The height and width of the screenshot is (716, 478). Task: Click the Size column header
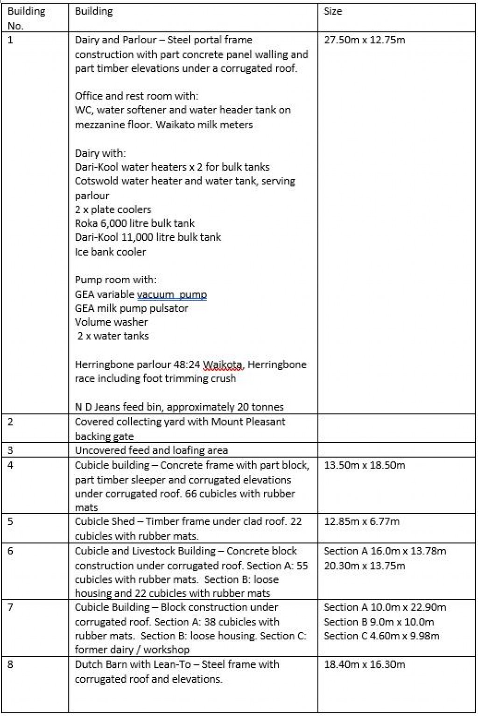pos(333,12)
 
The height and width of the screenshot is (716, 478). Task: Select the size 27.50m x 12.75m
pos(365,40)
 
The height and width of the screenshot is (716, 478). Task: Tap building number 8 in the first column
pos(11,664)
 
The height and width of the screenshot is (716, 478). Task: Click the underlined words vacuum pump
pos(172,295)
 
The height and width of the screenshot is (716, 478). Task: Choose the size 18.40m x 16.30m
pos(365,664)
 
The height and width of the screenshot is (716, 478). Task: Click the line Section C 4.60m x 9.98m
pos(381,636)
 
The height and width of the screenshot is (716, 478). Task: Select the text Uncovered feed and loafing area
pos(151,450)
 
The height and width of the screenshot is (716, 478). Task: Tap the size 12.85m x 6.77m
pos(362,521)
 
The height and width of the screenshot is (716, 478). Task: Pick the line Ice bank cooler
pos(110,252)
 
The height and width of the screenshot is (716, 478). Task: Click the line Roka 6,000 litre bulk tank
pos(134,224)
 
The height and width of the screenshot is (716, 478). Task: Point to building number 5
pos(11,521)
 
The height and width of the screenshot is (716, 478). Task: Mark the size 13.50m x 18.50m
pos(365,465)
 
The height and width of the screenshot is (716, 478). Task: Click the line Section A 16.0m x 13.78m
pos(385,551)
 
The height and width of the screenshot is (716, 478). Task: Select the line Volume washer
pos(111,322)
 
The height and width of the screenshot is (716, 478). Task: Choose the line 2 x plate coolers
pos(113,210)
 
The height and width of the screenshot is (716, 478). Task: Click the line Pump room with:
pos(116,280)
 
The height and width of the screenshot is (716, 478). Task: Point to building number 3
pos(11,450)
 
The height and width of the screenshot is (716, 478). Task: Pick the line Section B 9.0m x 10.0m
pos(379,622)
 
